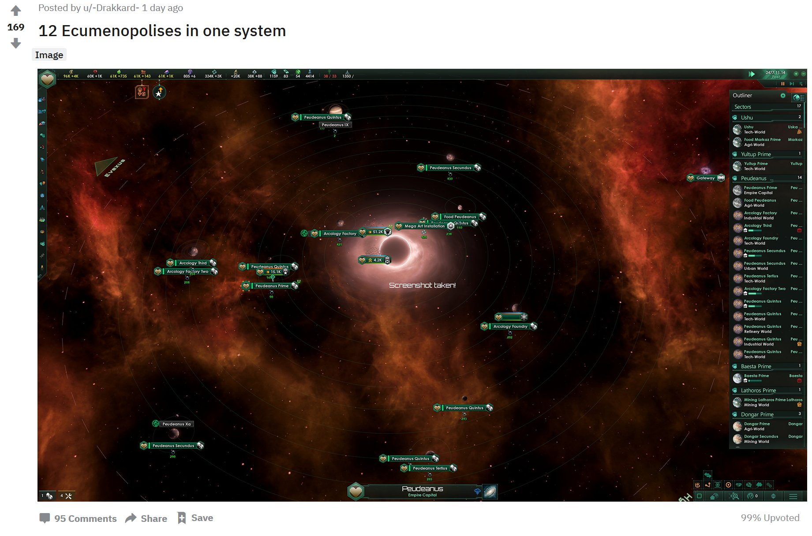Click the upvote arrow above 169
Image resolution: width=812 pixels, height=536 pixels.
[16, 11]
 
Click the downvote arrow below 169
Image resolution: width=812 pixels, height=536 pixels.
[16, 43]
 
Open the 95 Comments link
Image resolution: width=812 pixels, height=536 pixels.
[78, 518]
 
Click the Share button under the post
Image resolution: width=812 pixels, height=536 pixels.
[146, 518]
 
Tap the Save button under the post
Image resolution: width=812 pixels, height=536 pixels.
[195, 518]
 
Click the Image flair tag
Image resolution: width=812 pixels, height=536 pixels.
[49, 55]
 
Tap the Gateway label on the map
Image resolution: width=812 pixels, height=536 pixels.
[705, 178]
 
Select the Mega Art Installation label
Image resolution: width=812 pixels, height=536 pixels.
[424, 226]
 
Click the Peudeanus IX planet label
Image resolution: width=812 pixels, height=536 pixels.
[335, 125]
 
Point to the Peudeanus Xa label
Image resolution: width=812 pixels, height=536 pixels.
[176, 424]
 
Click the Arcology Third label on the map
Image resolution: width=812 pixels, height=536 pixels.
[193, 263]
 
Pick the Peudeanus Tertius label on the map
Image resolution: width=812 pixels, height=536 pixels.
[430, 468]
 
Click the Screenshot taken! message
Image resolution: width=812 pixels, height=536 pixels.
[422, 285]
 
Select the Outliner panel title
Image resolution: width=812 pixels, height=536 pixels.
[742, 95]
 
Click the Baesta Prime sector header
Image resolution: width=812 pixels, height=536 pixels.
[756, 366]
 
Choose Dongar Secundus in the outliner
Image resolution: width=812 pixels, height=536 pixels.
[761, 436]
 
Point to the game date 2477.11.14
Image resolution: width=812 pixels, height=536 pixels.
[775, 73]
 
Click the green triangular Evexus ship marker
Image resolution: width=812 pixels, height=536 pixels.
[106, 166]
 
